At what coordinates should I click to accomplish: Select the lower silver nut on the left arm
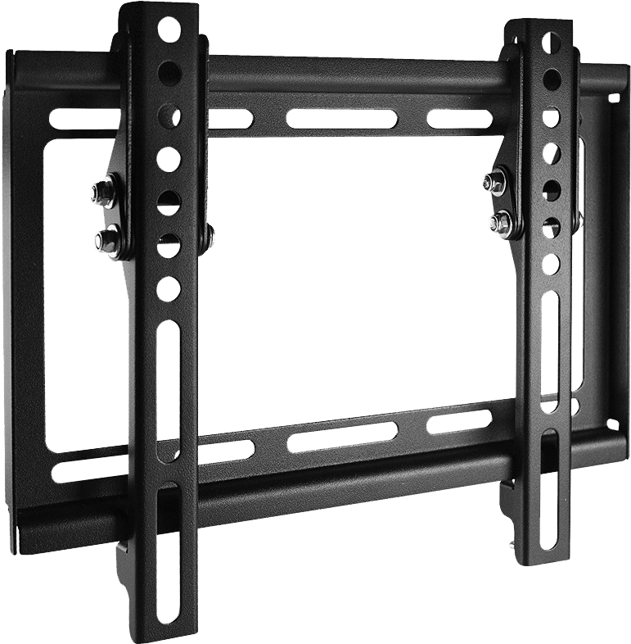pos(104,239)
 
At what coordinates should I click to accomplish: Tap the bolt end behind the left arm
pos(211,238)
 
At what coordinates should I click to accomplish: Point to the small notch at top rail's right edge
pos(611,99)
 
